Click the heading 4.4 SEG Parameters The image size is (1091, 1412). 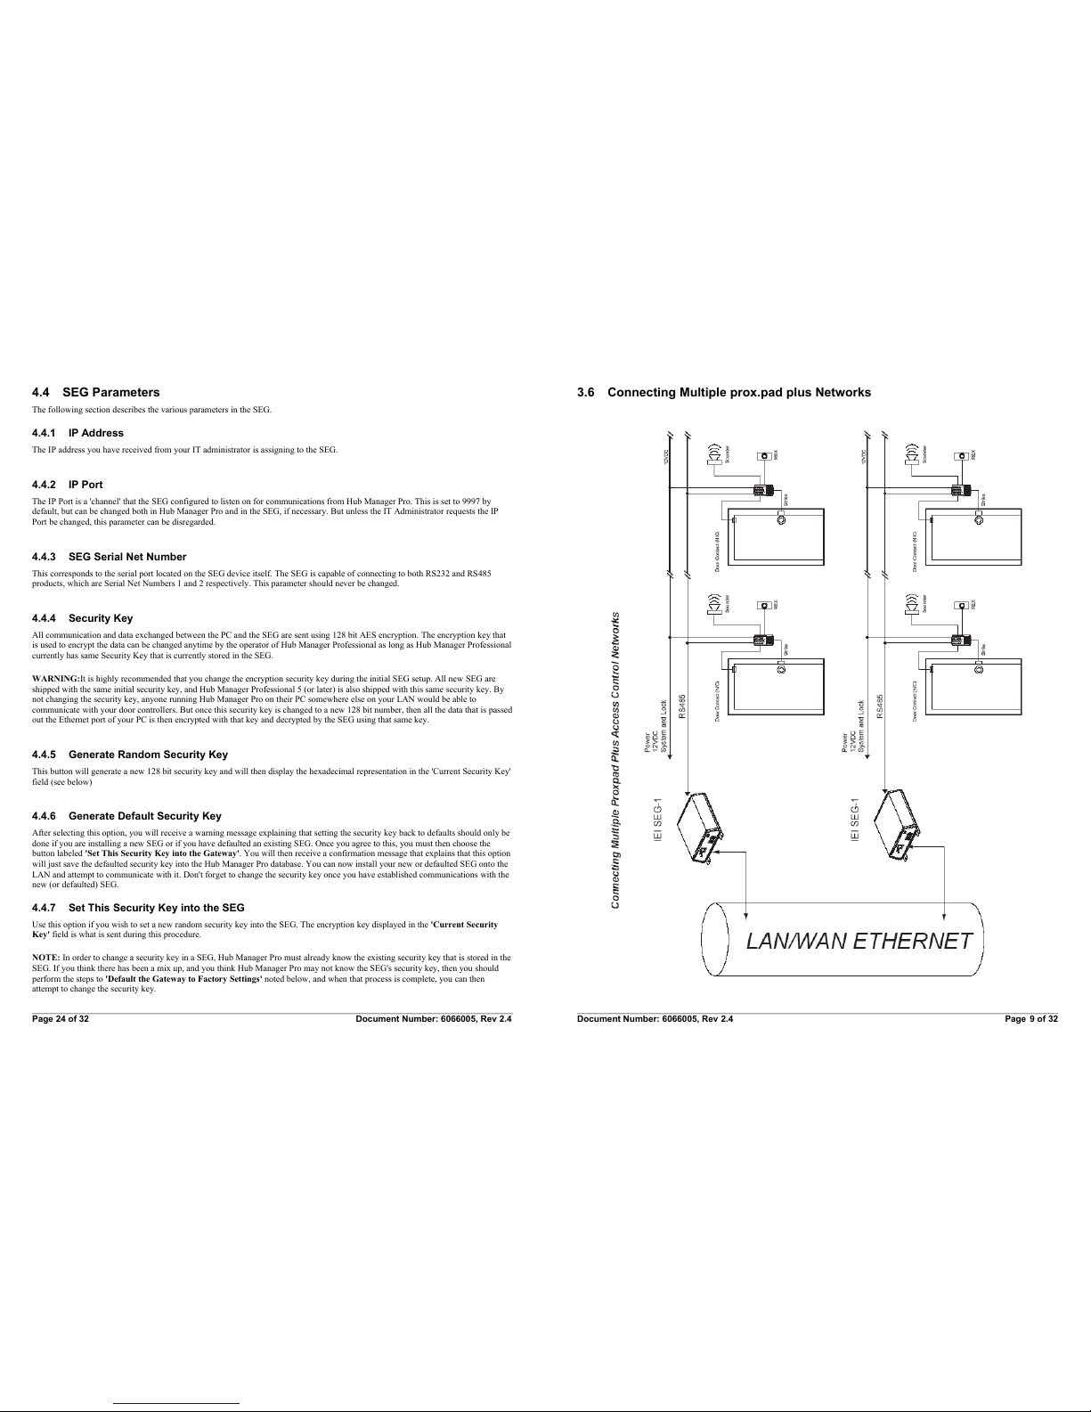pyautogui.click(x=95, y=392)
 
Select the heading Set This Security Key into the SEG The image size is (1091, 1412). pyautogui.click(x=138, y=908)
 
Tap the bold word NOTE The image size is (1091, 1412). pyautogui.click(x=45, y=957)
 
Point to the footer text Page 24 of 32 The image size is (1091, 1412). pyautogui.click(x=61, y=1018)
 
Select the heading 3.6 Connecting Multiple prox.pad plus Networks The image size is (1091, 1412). pyautogui.click(x=723, y=392)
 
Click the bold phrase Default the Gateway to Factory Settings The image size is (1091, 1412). pyautogui.click(x=183, y=978)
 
